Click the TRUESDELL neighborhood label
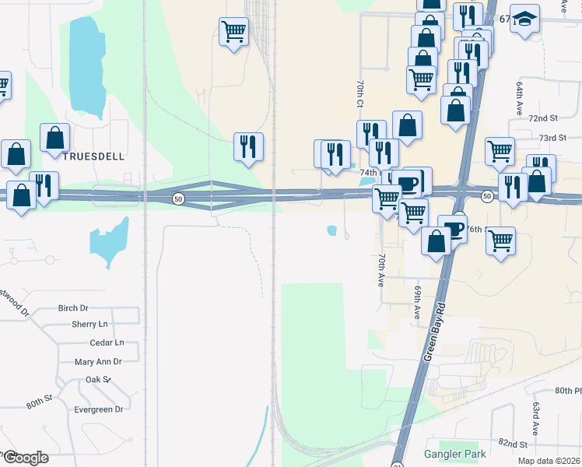coord(93,156)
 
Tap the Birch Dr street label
coord(73,308)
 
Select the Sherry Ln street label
coord(89,325)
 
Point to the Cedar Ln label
coord(107,342)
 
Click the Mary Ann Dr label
coord(98,362)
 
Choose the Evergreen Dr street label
coord(97,409)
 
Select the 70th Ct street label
coord(359,93)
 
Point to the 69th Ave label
coord(418,301)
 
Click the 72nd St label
coord(543,118)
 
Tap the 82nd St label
coord(513,443)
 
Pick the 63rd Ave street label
coord(536,417)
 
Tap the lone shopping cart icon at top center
coord(233,32)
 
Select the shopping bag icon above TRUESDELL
coord(55,138)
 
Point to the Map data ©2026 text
coord(549,461)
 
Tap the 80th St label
coord(38,404)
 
